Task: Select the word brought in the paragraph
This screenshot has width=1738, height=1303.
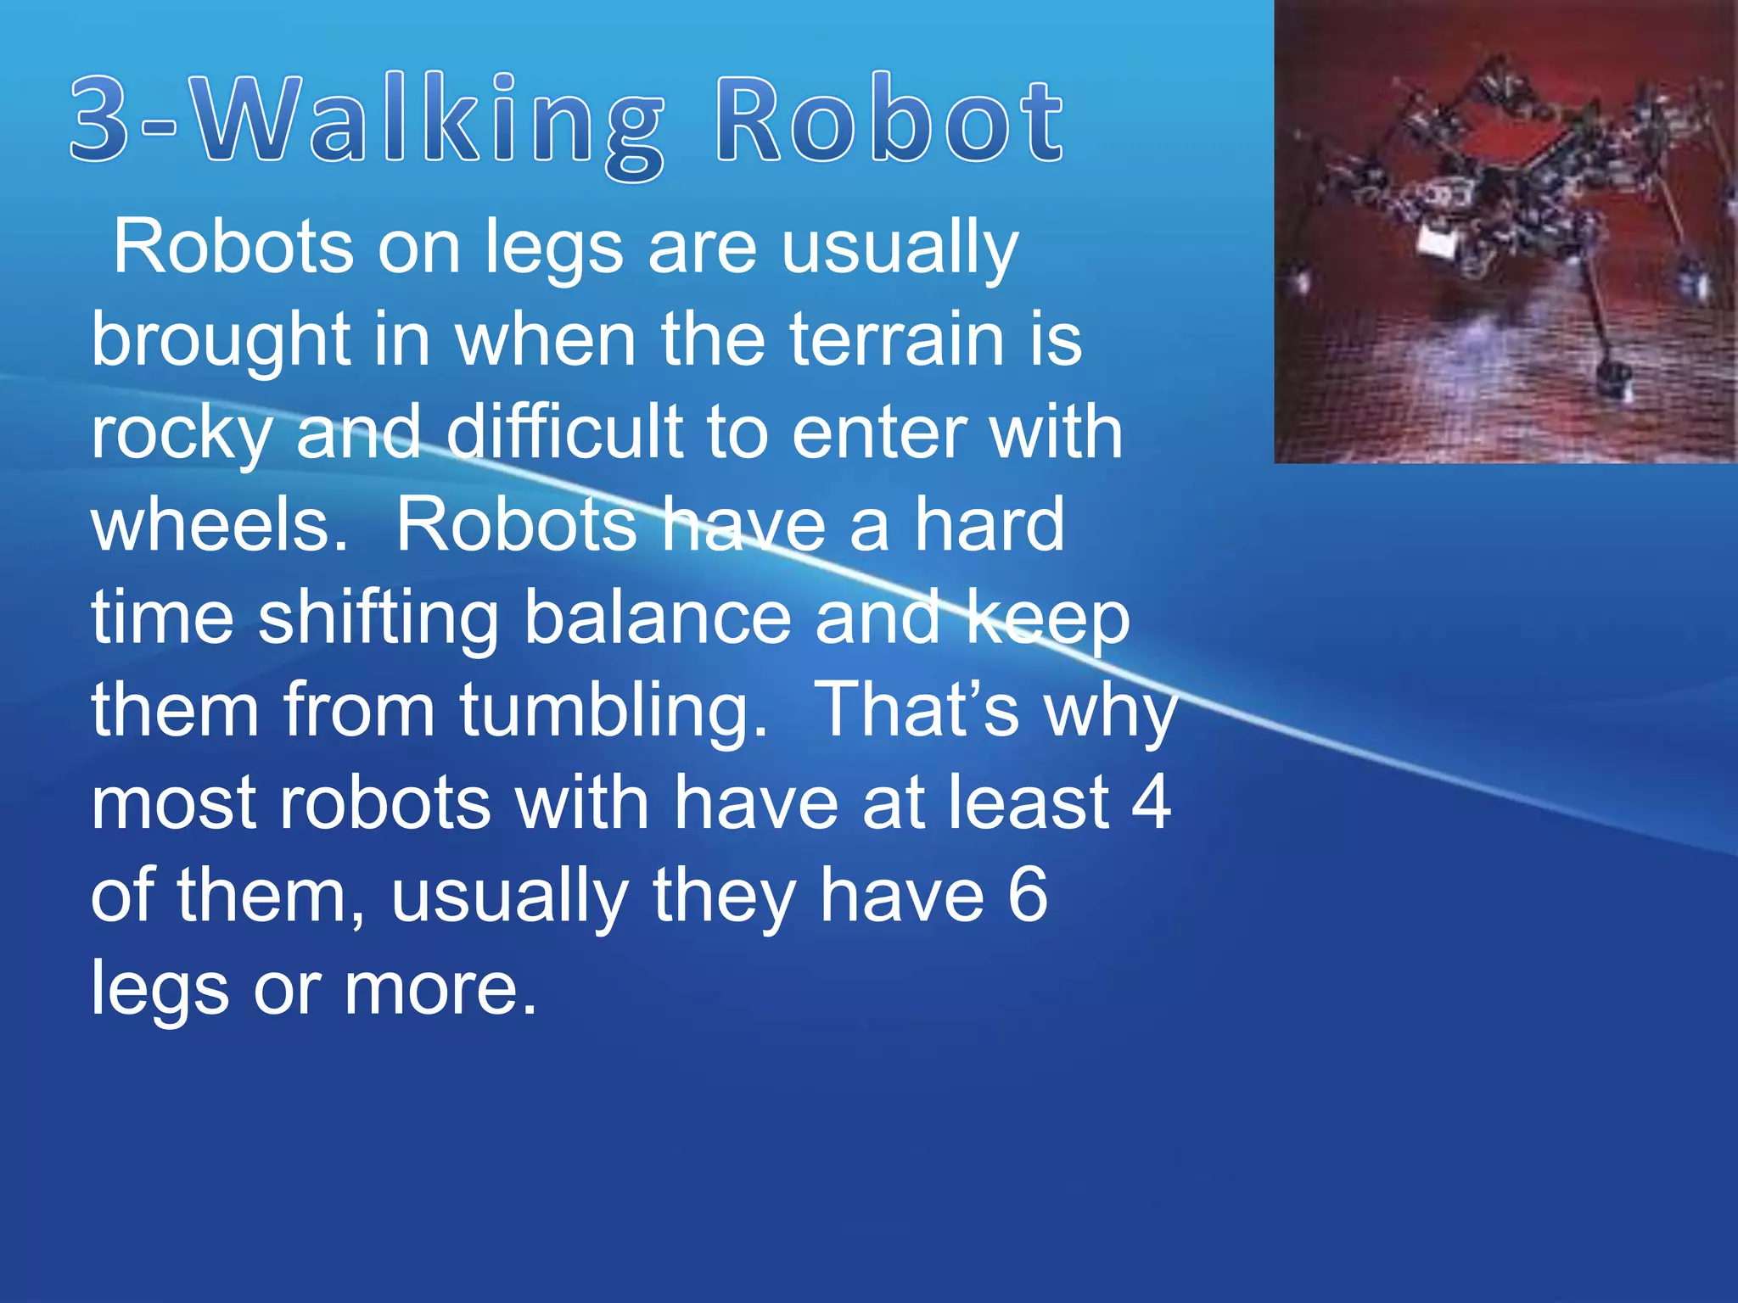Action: pyautogui.click(x=220, y=341)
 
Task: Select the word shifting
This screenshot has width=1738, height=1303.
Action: pyautogui.click(x=378, y=618)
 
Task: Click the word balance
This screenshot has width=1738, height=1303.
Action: pyautogui.click(x=657, y=618)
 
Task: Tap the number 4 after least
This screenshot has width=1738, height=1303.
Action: pyautogui.click(x=1151, y=802)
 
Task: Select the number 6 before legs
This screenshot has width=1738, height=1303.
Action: pyautogui.click(x=1028, y=896)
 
